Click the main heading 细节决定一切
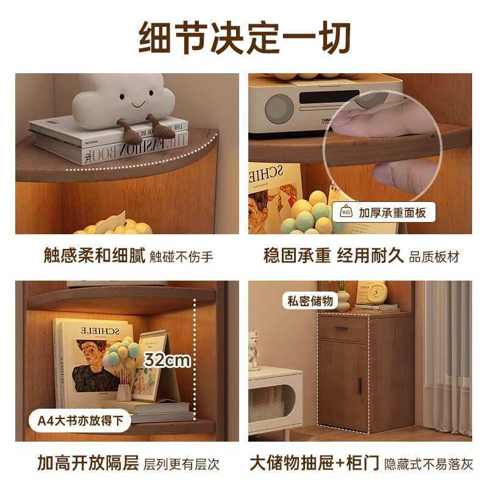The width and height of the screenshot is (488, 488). pos(244,38)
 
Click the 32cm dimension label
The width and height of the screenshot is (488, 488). pos(167,360)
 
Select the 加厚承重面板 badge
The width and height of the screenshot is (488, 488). pos(384,213)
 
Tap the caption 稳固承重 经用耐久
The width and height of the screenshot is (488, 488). pos(334,254)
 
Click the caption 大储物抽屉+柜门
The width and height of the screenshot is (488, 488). pos(314,462)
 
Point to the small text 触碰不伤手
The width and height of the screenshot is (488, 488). pos(182,256)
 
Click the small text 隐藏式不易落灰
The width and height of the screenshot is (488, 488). pos(428,464)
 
